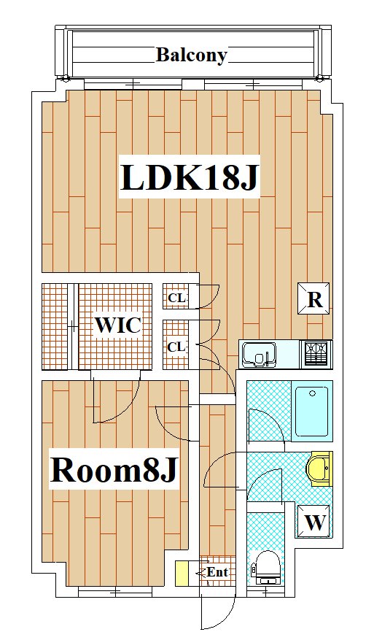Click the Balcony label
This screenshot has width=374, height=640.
[x=191, y=55]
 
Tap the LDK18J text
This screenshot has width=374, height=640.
[x=190, y=177]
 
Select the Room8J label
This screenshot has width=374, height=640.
[x=114, y=469]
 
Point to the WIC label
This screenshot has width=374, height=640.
[x=118, y=325]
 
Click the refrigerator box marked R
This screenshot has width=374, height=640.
[x=314, y=298]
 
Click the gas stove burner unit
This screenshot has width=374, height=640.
[x=316, y=354]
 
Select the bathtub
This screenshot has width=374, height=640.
[x=312, y=412]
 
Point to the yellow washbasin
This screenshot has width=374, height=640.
[x=319, y=469]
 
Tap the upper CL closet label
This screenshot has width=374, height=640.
[x=176, y=298]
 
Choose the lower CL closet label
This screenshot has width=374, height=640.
[x=176, y=347]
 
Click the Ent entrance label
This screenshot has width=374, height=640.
[x=217, y=572]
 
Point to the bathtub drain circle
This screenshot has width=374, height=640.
[x=313, y=393]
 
